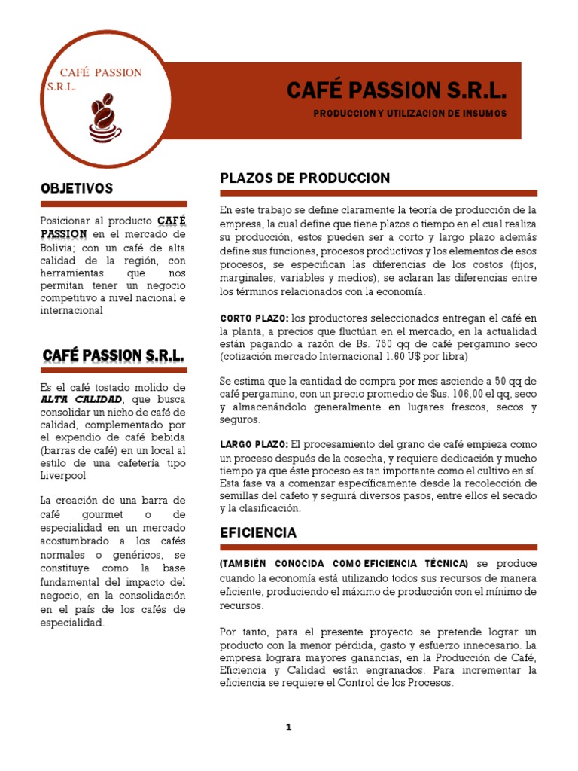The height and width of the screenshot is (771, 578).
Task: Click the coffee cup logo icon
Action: coord(104,119)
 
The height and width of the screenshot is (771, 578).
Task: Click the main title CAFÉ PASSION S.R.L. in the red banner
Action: coord(397,90)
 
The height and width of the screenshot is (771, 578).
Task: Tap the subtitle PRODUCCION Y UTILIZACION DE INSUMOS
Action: coord(411,113)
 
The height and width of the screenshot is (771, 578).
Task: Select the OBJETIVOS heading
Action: coord(77,188)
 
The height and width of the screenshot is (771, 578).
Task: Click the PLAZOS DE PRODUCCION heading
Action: coord(305,178)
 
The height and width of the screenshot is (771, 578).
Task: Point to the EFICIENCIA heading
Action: coord(257,532)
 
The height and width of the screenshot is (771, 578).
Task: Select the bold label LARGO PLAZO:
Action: coord(254,443)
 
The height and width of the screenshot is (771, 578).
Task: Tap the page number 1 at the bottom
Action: coord(288,727)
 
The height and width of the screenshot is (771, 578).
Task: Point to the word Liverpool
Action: coord(63,476)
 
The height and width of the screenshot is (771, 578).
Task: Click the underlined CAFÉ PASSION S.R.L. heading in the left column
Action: coord(114,355)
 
